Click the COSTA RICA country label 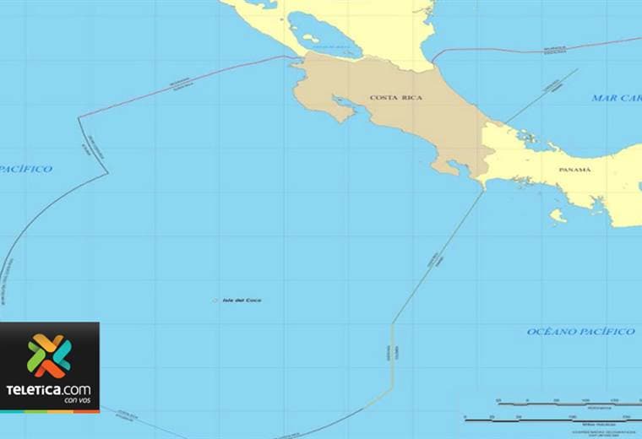(x=395, y=98)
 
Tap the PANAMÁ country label (x=575, y=170)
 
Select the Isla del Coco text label (x=242, y=301)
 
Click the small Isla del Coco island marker (x=215, y=301)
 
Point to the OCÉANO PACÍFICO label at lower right (x=580, y=332)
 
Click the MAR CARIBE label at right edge (x=617, y=98)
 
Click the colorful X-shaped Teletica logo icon (x=49, y=355)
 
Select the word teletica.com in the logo (x=49, y=389)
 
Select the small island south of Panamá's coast (x=557, y=215)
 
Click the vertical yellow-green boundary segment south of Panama (x=392, y=355)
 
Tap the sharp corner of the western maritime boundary (x=107, y=174)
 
